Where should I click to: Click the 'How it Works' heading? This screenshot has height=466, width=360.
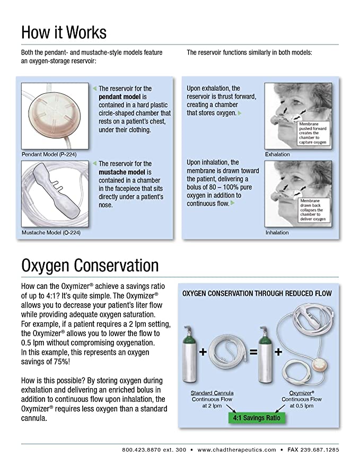click(x=64, y=32)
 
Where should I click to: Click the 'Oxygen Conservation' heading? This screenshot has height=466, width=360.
click(x=90, y=265)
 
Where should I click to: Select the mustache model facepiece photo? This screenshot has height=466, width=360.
click(x=55, y=191)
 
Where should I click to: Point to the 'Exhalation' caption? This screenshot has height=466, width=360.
click(x=277, y=154)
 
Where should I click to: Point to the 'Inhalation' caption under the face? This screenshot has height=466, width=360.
click(x=277, y=232)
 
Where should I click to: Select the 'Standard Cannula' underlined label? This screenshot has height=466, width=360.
click(x=213, y=393)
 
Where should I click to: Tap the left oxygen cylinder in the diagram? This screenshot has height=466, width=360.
click(x=190, y=351)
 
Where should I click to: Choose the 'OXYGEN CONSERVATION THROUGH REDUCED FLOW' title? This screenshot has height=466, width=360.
click(x=257, y=293)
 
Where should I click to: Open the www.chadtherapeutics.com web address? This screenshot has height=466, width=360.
click(x=236, y=450)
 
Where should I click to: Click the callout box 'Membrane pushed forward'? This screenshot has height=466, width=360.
click(x=313, y=134)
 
